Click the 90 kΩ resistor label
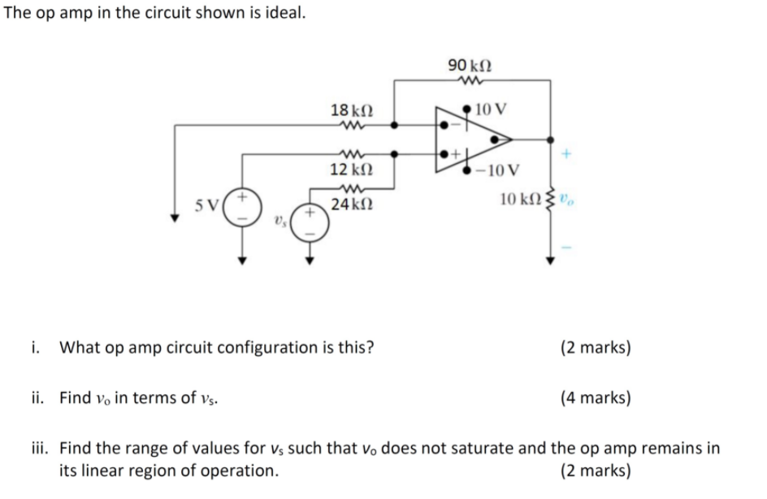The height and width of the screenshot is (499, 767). [469, 63]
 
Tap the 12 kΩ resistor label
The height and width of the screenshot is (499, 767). [352, 170]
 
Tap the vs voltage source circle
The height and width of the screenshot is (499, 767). [310, 222]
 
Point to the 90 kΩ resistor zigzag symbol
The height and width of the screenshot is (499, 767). [468, 80]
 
